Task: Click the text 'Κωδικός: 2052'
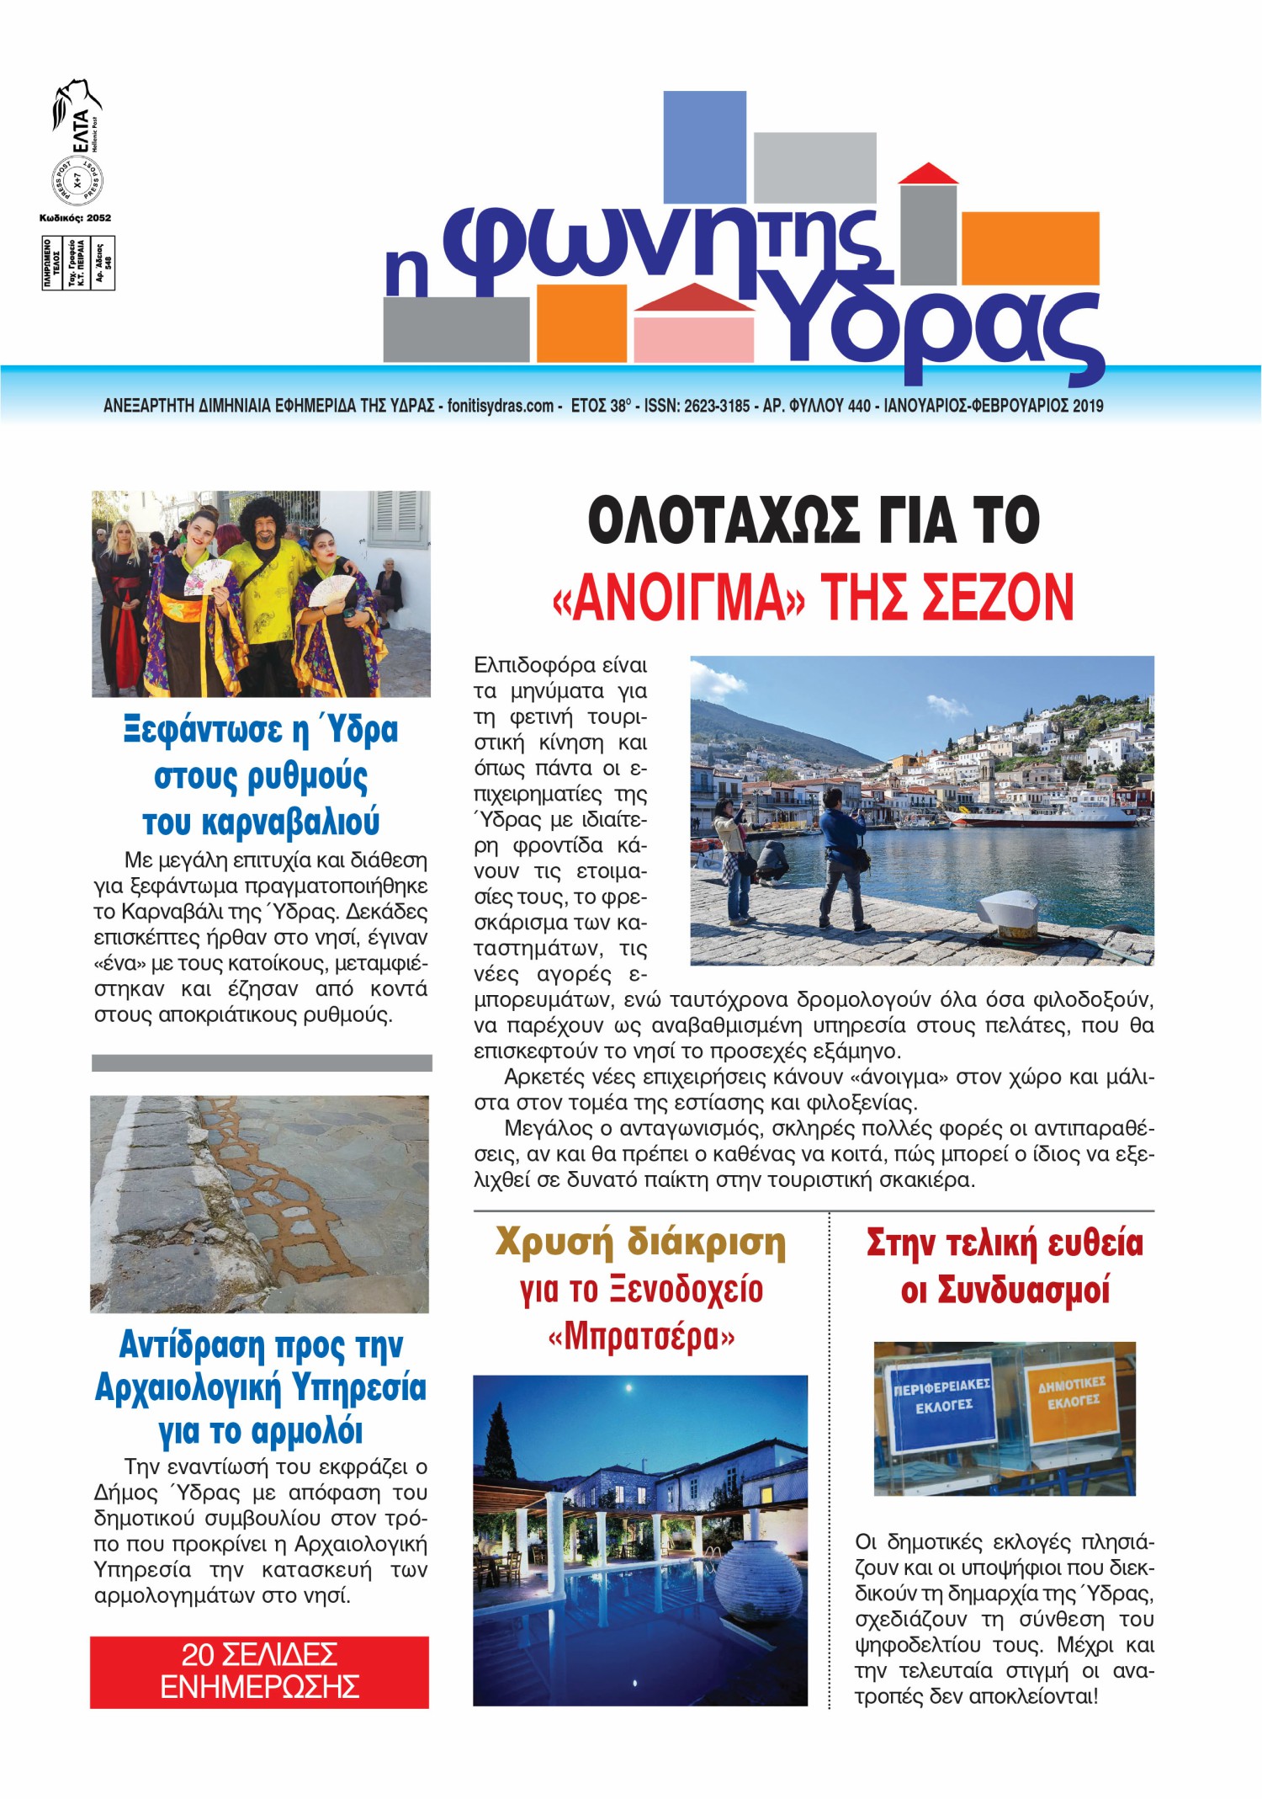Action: tap(75, 218)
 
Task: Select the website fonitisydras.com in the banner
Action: tap(500, 406)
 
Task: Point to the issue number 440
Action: tap(859, 406)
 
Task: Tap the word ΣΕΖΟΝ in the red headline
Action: tap(998, 597)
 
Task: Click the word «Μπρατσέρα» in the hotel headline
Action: tap(641, 1337)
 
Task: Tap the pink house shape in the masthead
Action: tap(693, 333)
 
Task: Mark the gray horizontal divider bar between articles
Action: tap(262, 1062)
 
